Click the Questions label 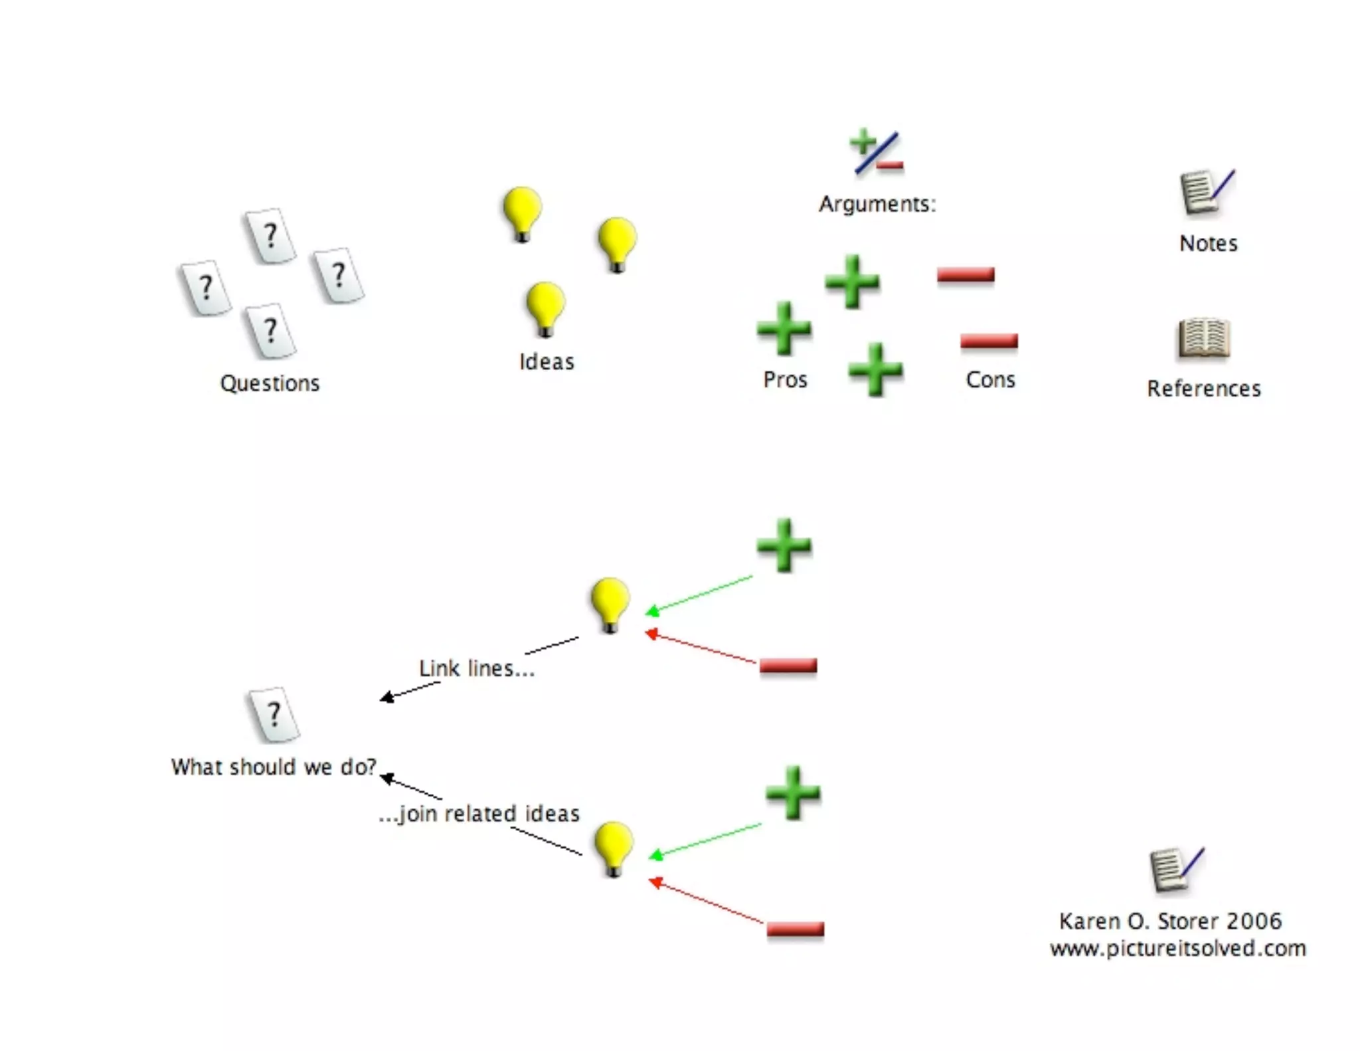pos(270,383)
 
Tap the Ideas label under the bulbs pos(547,362)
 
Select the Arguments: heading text pos(877,204)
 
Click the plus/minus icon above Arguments pos(876,151)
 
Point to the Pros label pos(785,380)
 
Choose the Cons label pos(990,380)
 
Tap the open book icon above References pos(1204,339)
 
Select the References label pos(1203,389)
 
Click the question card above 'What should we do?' pos(274,715)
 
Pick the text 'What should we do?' pos(274,767)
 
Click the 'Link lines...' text pos(476,668)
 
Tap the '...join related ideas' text pos(479,814)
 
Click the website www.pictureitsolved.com pos(1177,948)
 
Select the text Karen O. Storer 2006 pos(1170,921)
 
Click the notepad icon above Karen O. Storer pos(1175,869)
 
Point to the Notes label pos(1208,244)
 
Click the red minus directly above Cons pos(989,341)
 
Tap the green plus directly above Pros pos(784,328)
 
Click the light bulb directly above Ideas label pos(545,308)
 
